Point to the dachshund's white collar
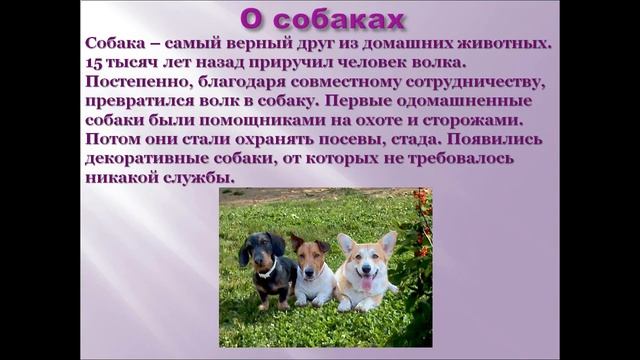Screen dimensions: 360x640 (x=267, y=270)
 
